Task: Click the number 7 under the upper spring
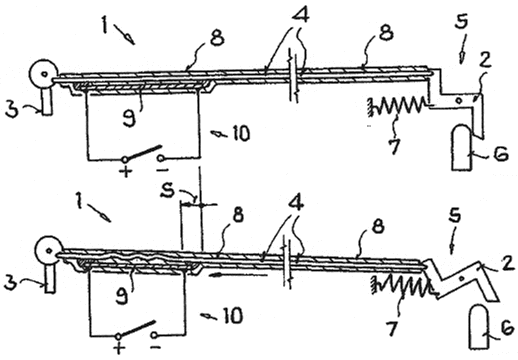394,146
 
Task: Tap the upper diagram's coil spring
397,106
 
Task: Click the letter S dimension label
167,190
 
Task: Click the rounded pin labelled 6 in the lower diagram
479,328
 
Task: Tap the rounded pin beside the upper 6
462,148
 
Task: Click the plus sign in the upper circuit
126,171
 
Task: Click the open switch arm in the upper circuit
143,152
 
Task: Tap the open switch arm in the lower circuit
137,328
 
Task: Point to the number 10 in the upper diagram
240,134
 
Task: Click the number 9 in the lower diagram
122,296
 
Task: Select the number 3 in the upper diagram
12,109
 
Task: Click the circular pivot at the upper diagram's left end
43,74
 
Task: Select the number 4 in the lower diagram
297,204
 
